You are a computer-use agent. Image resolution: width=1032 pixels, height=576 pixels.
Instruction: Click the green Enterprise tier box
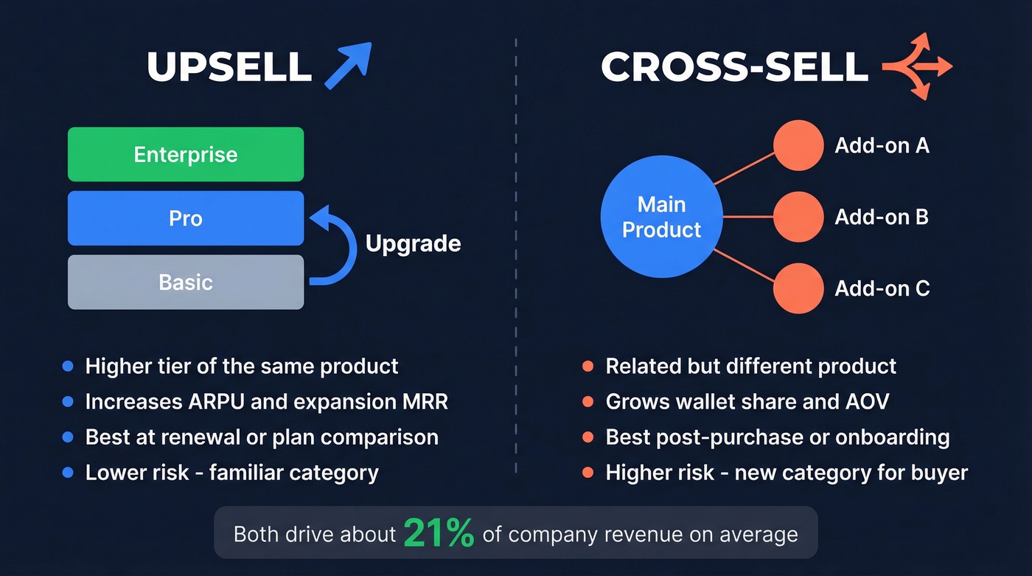[186, 154]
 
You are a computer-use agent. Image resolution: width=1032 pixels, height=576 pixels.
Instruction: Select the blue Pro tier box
[186, 218]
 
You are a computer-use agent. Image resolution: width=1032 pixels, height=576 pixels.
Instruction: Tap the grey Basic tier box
[186, 282]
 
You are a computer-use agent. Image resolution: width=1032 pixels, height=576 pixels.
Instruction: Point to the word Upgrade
[413, 243]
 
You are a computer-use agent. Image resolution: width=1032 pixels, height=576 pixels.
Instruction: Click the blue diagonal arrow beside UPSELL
[348, 66]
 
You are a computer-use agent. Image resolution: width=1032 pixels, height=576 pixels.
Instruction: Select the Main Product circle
[661, 217]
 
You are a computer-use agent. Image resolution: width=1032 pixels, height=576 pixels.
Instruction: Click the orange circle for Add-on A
[798, 146]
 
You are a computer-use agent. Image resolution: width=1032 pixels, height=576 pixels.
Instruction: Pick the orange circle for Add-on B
[798, 217]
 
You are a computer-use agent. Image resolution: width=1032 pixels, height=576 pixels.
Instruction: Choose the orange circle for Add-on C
[798, 288]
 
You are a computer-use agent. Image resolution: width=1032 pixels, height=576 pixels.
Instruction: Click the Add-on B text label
[882, 217]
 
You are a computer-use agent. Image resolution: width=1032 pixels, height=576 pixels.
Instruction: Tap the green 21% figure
[439, 534]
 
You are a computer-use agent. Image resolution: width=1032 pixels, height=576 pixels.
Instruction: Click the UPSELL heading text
[229, 67]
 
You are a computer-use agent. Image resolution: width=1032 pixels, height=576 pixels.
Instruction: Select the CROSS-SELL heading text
[734, 67]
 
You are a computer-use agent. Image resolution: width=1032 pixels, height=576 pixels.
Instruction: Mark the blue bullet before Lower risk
[68, 473]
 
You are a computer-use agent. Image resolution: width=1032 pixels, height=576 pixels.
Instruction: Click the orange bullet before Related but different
[588, 367]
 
